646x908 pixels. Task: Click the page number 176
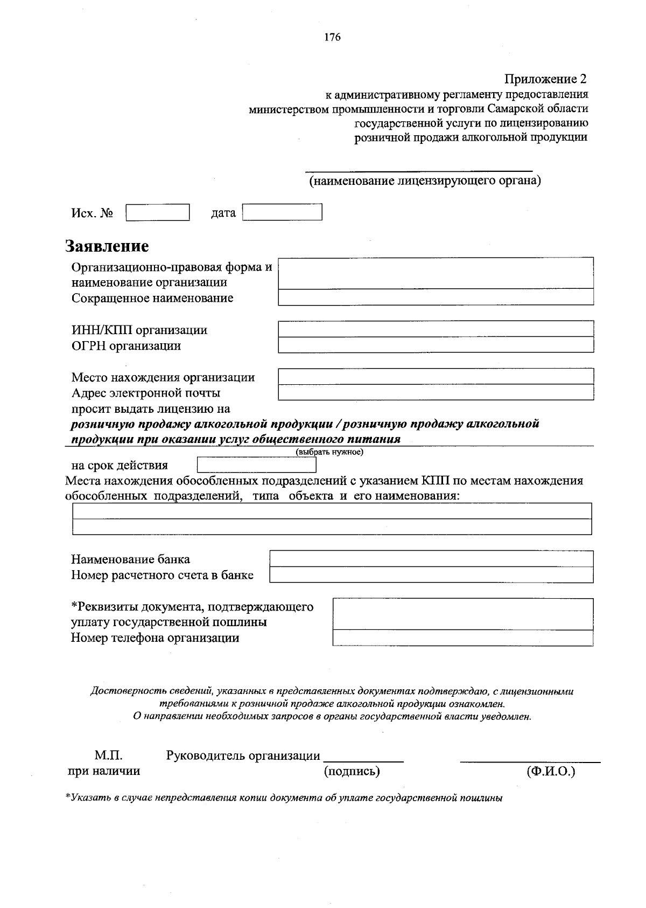(332, 37)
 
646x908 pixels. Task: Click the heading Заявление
(107, 246)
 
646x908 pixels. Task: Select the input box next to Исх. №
(158, 212)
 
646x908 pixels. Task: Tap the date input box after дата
(282, 212)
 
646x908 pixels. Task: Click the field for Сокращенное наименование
(436, 297)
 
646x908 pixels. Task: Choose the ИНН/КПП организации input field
(436, 329)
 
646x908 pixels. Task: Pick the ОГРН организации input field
(436, 345)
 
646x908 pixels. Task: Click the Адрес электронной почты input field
(436, 392)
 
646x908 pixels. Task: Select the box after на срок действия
(256, 465)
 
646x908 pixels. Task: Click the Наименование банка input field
(431, 559)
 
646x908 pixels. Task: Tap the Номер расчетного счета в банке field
(431, 575)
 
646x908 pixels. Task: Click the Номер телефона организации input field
(463, 638)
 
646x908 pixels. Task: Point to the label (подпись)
(352, 771)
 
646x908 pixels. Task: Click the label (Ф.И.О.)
(551, 771)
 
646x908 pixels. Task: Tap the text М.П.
(109, 755)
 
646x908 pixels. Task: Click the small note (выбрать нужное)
(329, 452)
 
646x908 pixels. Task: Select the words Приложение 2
(545, 79)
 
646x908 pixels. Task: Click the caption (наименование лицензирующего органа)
(424, 181)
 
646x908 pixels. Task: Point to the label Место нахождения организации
(163, 377)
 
